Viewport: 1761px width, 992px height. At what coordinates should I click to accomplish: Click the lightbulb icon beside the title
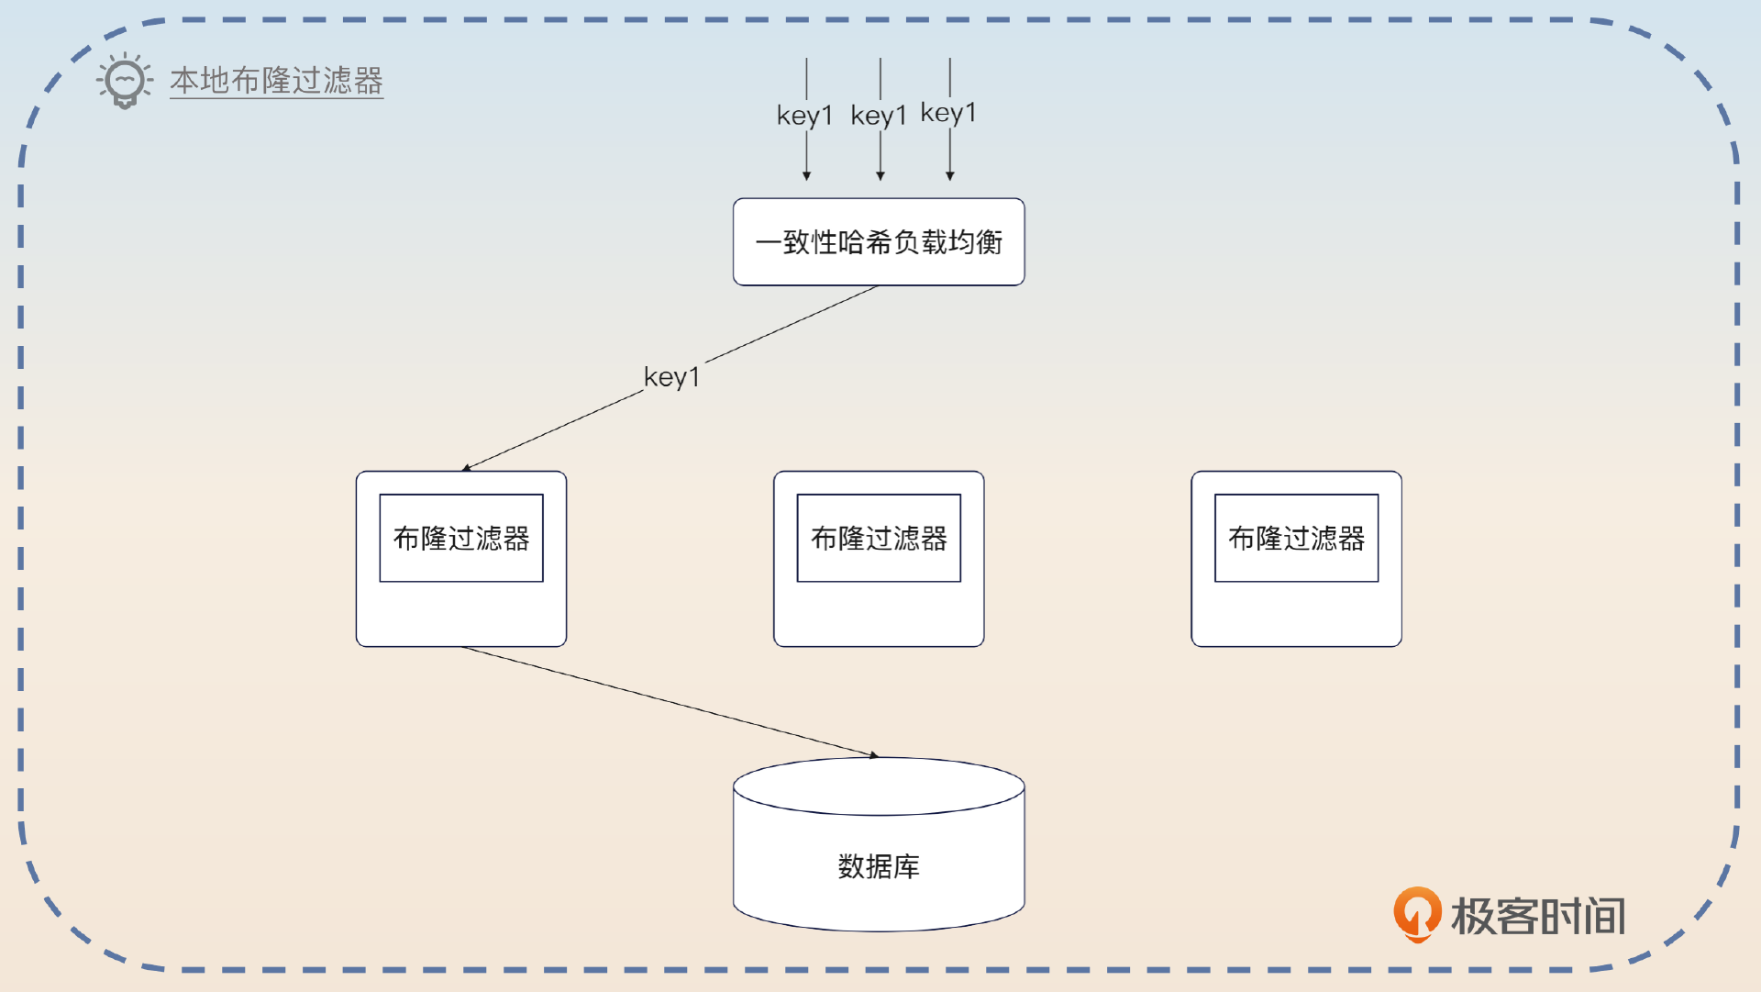tap(125, 81)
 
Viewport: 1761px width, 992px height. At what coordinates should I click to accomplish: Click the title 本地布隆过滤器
tap(276, 81)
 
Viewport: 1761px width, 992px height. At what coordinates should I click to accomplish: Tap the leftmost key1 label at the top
tap(804, 116)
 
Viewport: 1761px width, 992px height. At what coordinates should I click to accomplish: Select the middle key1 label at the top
tap(879, 116)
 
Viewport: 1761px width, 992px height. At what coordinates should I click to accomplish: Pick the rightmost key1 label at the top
tap(948, 113)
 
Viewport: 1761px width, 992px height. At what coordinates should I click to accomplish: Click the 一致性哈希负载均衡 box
tap(879, 242)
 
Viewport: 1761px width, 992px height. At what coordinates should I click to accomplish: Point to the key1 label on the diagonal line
tap(671, 377)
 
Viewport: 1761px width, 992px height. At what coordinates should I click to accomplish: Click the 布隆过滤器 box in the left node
tap(461, 538)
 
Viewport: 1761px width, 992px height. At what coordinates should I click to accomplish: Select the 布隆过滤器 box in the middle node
tap(879, 538)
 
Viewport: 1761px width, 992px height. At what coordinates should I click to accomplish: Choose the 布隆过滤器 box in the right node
tap(1296, 538)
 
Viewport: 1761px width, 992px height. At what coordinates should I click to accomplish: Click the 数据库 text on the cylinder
tap(879, 866)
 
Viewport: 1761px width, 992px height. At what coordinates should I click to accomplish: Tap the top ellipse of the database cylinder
tap(879, 786)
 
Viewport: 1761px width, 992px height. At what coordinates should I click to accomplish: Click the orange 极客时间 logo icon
tap(1417, 914)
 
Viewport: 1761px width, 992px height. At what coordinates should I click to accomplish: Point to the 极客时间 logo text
tap(1538, 916)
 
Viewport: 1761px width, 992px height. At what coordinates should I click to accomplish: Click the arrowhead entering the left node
tap(467, 468)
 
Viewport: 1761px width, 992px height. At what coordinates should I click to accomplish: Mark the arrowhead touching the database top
tap(874, 755)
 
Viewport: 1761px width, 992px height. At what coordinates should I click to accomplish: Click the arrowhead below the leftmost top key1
tap(807, 175)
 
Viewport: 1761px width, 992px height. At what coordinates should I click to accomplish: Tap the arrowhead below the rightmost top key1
tap(950, 175)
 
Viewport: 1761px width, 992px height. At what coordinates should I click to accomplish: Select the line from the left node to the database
tap(670, 702)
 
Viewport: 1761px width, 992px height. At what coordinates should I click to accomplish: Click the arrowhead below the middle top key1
tap(880, 175)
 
